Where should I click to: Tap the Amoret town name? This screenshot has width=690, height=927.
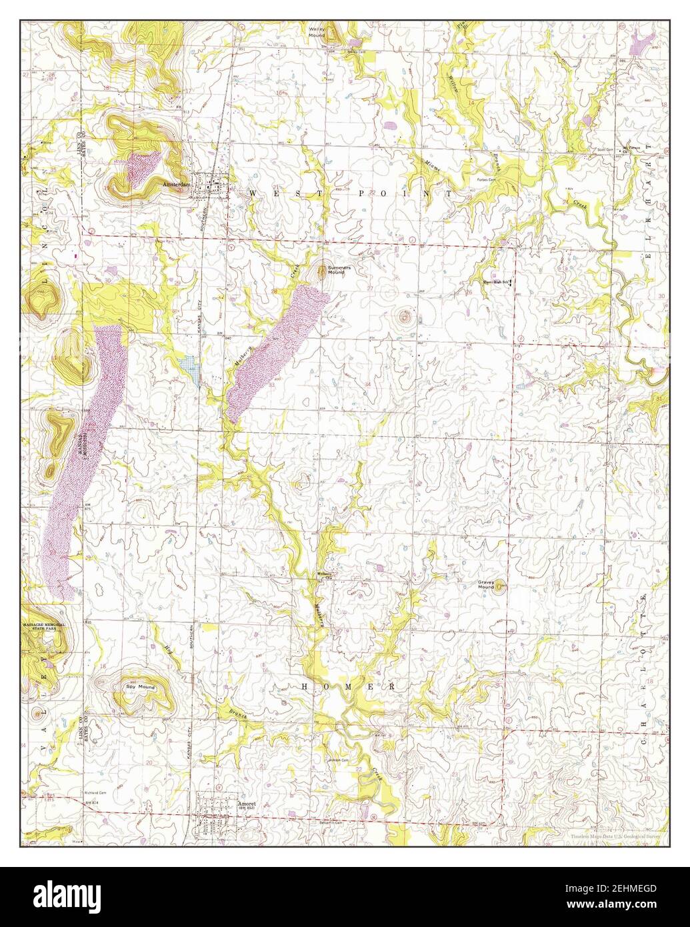click(246, 804)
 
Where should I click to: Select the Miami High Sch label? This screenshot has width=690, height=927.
click(495, 282)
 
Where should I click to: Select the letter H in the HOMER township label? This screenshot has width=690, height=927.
click(305, 686)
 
